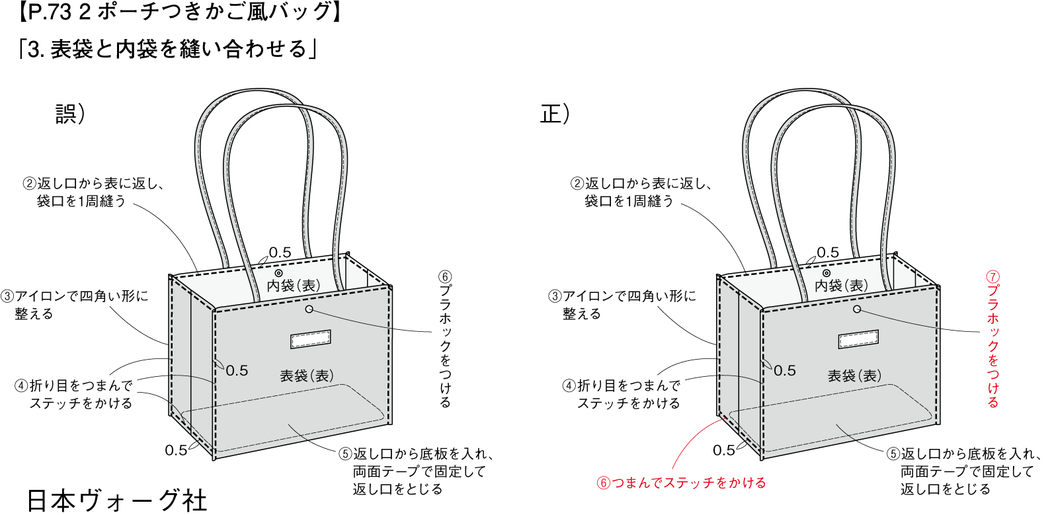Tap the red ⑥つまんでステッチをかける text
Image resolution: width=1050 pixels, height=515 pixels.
point(681,483)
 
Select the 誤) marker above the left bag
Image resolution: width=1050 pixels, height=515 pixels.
point(70,114)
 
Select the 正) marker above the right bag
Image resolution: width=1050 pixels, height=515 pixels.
point(555,114)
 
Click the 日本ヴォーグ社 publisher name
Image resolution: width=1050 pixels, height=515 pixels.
point(117,500)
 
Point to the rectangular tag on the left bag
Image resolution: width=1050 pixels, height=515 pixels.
point(311,339)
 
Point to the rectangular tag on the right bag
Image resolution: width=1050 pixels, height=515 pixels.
point(858,339)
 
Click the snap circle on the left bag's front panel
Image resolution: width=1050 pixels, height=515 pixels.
point(309,309)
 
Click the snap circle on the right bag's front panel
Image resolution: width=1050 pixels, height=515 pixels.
point(857,309)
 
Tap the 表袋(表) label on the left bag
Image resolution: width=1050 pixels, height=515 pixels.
point(307,376)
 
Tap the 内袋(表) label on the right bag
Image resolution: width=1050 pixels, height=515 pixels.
point(841,286)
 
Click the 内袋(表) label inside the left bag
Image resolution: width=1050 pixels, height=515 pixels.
point(294,286)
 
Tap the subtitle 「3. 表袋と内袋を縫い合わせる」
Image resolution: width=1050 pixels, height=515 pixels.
point(168,48)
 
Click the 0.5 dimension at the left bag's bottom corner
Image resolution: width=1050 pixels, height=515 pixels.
point(176,450)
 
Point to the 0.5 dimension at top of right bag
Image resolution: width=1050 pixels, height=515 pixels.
point(828,253)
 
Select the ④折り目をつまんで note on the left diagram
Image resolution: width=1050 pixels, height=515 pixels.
point(74,394)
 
